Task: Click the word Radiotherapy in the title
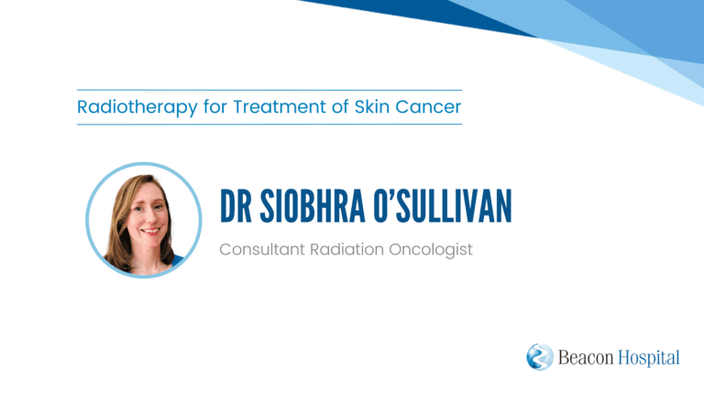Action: coord(137,108)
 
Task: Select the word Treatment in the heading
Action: coord(279,107)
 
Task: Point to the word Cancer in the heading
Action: coord(428,107)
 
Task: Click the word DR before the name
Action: coord(236,206)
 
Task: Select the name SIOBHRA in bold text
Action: coord(313,206)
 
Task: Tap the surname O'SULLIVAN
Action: coord(443,206)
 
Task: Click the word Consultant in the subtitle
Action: coord(262,249)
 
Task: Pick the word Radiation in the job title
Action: coord(347,249)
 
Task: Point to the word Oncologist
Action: coord(431,250)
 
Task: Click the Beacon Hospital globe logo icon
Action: coord(540,357)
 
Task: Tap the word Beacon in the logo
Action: coord(586,357)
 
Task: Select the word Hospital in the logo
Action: coord(649,358)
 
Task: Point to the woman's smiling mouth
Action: coord(150,231)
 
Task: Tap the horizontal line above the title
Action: coord(269,90)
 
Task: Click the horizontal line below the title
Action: coord(269,124)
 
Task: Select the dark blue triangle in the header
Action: coord(431,16)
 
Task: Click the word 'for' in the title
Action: coord(215,107)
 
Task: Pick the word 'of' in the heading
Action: coord(340,107)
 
